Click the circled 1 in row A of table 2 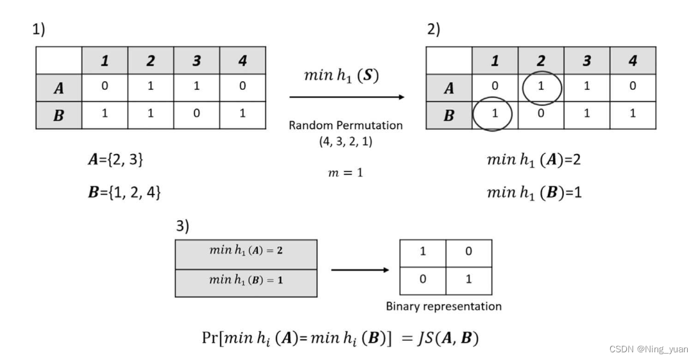point(541,87)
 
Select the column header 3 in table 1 point(196,61)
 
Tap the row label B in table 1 point(59,116)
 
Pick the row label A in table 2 point(449,88)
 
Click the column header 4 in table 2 point(633,61)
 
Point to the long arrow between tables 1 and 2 point(346,97)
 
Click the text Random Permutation point(346,125)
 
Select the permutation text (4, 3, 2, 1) point(346,142)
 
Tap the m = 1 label point(346,172)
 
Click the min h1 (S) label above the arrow point(341,75)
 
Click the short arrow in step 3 point(359,270)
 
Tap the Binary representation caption point(443,306)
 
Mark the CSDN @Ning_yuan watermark point(648,350)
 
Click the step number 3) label point(183,226)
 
